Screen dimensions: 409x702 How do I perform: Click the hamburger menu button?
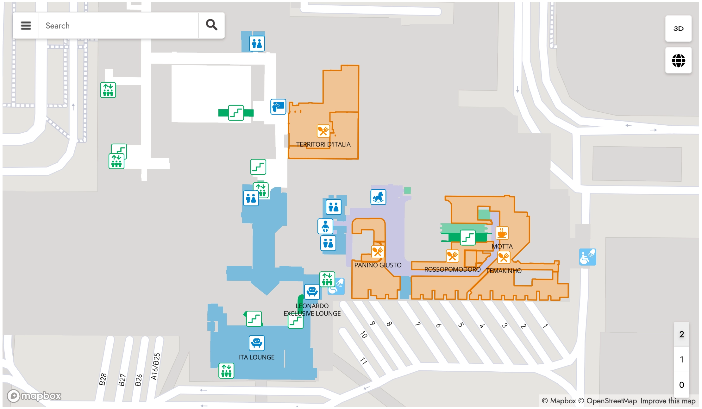[26, 26]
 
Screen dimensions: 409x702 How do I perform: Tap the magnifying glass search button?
[211, 25]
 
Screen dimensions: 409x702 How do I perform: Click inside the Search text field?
[119, 26]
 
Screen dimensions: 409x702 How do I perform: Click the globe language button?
[678, 60]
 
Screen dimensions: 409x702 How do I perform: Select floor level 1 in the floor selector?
[681, 360]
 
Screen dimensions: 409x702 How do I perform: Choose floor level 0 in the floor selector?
[681, 385]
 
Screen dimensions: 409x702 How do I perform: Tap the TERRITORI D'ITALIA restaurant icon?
[323, 131]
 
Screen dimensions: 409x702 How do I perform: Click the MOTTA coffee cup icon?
[502, 233]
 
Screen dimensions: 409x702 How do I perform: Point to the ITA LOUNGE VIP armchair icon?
[256, 343]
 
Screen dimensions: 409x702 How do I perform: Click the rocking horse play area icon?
[378, 197]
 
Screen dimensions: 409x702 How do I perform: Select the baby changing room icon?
[325, 226]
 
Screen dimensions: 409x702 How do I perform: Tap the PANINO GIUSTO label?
[378, 265]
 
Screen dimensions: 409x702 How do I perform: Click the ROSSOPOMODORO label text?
[452, 269]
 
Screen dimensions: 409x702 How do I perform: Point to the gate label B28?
[103, 379]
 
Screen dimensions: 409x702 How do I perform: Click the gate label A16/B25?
[155, 366]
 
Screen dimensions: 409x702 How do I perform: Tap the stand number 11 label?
[363, 361]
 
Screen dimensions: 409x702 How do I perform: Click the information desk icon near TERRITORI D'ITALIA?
[278, 107]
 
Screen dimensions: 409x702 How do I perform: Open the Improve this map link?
[668, 401]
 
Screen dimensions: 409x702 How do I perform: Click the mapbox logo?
[34, 396]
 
